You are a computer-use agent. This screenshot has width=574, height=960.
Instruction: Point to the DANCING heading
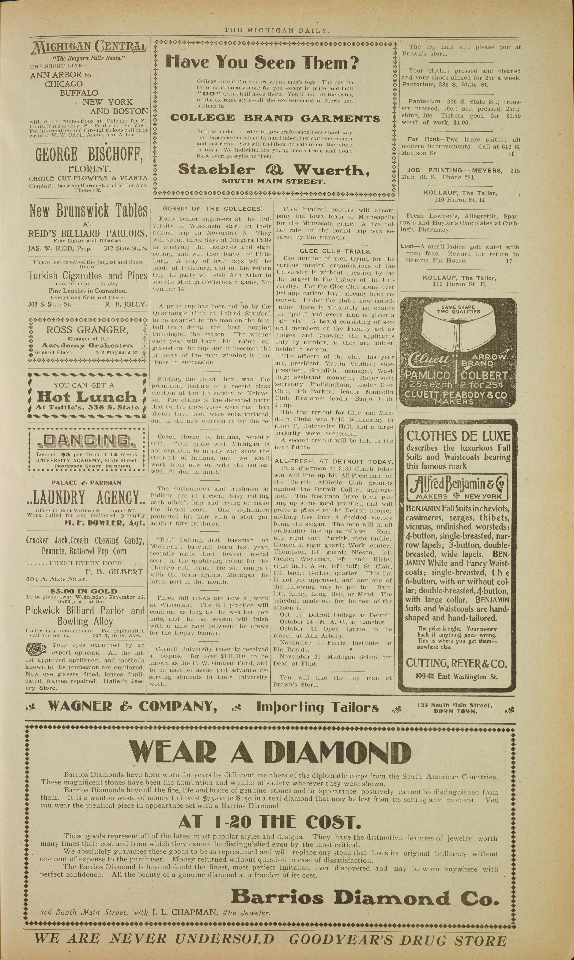[x=87, y=441]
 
